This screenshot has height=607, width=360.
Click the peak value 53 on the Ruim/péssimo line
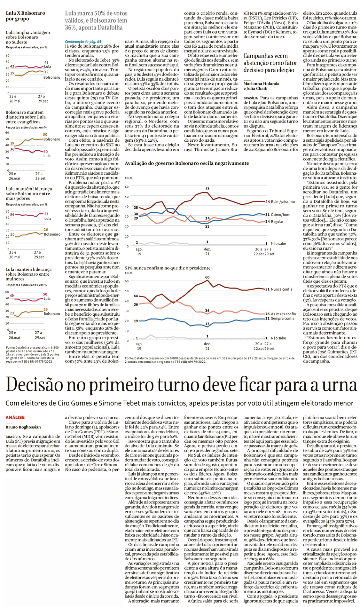click(207, 189)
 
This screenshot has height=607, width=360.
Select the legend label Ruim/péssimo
click(283, 201)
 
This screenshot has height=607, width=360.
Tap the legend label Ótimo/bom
click(280, 215)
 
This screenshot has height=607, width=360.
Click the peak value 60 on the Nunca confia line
click(207, 277)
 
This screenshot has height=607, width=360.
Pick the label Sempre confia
click(283, 319)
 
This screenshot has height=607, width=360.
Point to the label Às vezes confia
click(283, 314)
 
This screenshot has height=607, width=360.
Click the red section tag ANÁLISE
click(15, 417)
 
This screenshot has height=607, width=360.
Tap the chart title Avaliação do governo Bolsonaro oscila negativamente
click(187, 163)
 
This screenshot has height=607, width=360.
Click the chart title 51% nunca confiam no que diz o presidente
click(168, 268)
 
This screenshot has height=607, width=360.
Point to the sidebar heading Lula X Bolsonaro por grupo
click(25, 16)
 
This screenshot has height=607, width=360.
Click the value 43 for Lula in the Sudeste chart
click(46, 62)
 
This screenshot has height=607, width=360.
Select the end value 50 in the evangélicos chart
click(45, 135)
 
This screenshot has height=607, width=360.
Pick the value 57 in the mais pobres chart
click(46, 214)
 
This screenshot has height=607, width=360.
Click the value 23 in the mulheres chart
click(12, 313)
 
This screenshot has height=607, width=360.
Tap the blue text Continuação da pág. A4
click(83, 42)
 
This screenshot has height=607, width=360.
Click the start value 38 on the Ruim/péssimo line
click(136, 208)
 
